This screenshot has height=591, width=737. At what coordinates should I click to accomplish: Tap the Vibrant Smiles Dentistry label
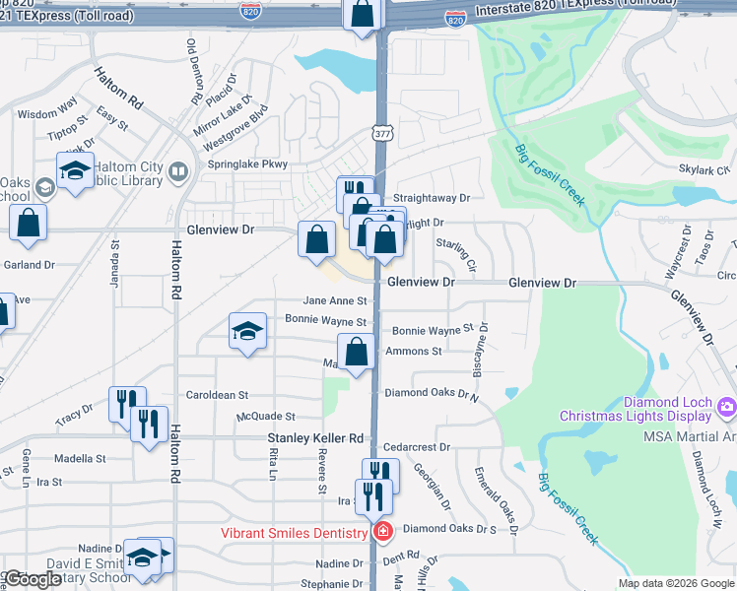[295, 532]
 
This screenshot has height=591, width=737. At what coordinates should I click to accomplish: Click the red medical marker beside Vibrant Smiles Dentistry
[382, 532]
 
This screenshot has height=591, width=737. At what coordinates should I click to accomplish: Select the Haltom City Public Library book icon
[177, 172]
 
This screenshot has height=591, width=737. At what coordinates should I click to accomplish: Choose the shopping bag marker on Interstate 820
[363, 14]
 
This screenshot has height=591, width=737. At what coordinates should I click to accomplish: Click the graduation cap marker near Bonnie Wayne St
[247, 332]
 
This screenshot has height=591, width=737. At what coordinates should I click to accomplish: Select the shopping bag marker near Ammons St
[357, 352]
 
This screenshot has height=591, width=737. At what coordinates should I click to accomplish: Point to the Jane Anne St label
[335, 301]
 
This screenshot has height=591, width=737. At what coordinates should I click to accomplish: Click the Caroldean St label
[217, 395]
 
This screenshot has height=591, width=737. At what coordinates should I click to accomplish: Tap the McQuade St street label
[265, 417]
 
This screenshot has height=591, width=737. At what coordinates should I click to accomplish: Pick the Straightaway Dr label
[432, 197]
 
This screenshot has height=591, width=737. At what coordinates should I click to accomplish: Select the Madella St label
[80, 459]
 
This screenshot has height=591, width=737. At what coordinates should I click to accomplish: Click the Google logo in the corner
[32, 579]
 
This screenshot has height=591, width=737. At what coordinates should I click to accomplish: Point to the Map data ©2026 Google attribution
[675, 583]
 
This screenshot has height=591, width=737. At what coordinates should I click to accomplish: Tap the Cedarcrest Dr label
[417, 446]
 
